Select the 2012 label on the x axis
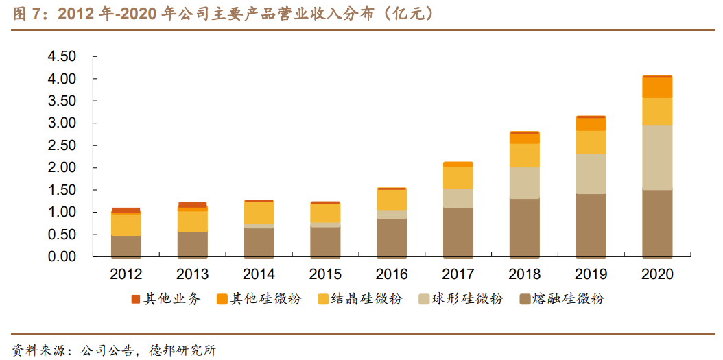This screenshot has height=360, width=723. coord(126,275)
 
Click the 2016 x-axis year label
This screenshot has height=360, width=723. coord(392,275)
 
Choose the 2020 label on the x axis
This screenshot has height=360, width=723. coord(657,275)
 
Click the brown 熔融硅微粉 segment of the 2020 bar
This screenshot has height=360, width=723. coord(657,223)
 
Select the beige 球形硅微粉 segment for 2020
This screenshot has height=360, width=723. coord(657,158)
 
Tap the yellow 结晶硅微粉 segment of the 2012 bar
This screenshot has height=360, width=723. coord(126,225)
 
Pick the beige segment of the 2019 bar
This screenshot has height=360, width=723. coord(591,174)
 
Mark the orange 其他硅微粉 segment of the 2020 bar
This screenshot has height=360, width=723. coord(657,88)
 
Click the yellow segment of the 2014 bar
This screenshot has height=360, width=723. coord(259,213)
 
